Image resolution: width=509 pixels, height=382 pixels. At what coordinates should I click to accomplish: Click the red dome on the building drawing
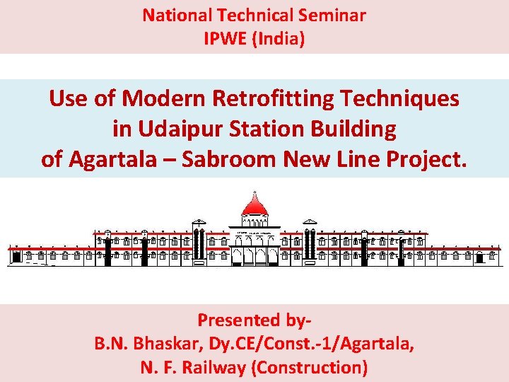[x=255, y=207]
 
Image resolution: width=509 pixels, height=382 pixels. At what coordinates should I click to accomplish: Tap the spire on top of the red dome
[x=255, y=193]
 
